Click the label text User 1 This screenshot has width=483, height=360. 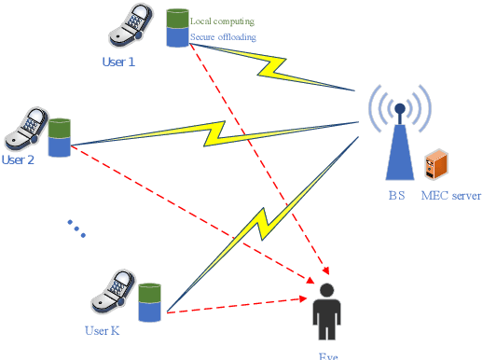coord(118,62)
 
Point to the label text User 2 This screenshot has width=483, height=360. coord(18,159)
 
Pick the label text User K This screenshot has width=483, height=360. coord(102,330)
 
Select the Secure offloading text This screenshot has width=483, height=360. coord(223,37)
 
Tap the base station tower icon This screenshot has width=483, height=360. coord(399,135)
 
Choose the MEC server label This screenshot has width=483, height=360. coord(451,197)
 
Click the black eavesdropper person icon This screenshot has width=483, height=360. coord(326,312)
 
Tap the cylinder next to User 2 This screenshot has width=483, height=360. coord(61,136)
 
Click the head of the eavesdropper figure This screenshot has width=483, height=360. coord(326,290)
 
